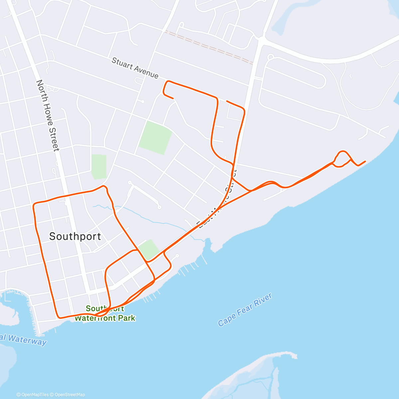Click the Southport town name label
coord(75,236)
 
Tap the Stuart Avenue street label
coord(135,68)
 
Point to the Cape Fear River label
coord(245,310)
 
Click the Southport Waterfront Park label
coord(105,314)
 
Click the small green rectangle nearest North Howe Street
coord(99,167)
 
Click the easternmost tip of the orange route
coord(365,161)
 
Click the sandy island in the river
coord(253,376)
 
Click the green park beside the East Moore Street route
coord(149,249)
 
